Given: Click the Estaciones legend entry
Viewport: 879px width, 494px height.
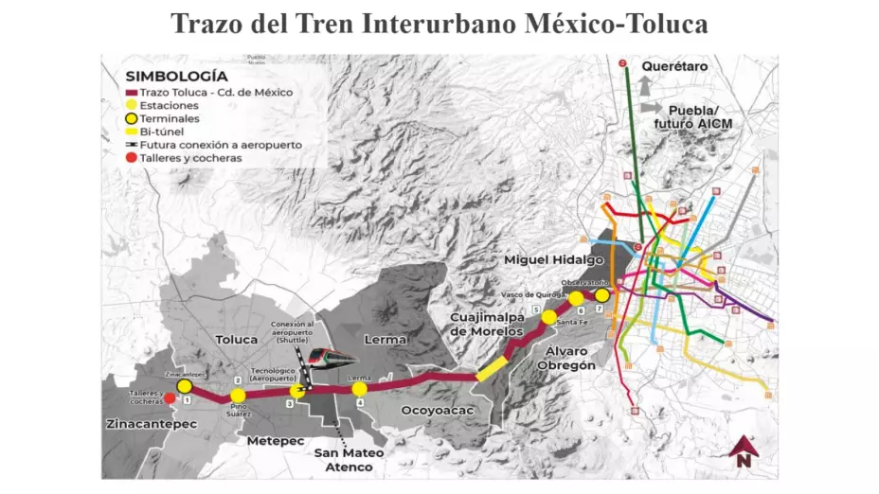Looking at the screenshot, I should point(170,105).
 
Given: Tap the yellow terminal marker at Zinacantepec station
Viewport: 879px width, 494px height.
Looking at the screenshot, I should point(185,387).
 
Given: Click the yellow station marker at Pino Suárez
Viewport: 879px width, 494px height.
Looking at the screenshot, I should point(238,396).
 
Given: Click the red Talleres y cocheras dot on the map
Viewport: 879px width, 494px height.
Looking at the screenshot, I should point(170,399).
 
